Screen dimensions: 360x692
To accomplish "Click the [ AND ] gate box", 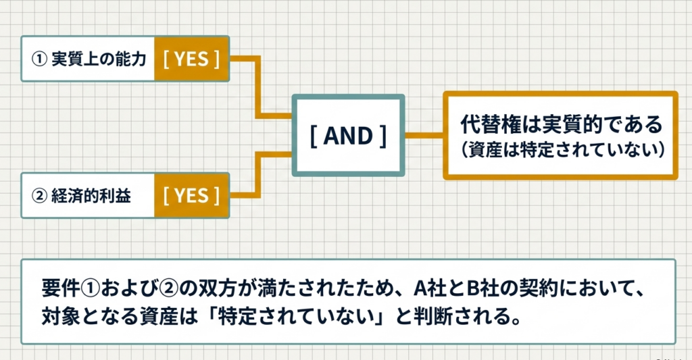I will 348,135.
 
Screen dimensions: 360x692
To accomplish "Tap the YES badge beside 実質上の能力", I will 191,59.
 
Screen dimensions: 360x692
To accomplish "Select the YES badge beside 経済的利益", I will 191,195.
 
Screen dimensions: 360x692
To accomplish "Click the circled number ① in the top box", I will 39,59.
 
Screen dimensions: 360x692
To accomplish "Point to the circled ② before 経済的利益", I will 39,196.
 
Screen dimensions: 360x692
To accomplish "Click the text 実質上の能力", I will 99,59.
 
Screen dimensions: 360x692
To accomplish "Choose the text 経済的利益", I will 91,196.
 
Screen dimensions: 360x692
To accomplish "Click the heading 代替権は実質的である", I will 560,125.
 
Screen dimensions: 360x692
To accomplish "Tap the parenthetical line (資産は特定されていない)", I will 560,149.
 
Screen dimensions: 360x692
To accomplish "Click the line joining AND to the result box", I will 424,135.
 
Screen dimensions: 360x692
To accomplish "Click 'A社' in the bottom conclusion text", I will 428,290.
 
